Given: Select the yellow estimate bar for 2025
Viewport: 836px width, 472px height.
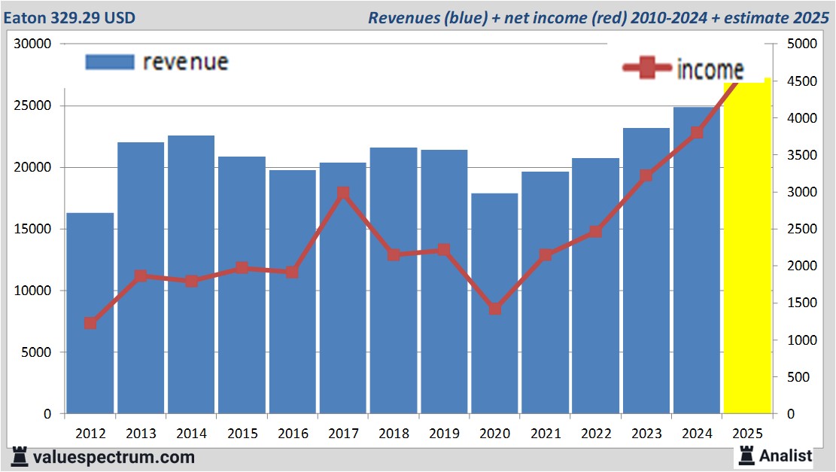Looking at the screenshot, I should (x=747, y=248).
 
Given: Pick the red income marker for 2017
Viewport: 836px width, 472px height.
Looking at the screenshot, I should (x=343, y=193).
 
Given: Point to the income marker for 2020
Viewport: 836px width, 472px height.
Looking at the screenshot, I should (x=495, y=309).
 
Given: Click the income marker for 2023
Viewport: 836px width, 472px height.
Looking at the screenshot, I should (x=646, y=176).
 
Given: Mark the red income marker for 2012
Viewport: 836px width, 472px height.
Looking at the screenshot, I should (x=90, y=323).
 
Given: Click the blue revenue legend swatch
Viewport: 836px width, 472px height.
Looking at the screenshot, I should (x=109, y=62).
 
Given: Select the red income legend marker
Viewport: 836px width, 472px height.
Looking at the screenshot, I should (x=646, y=69).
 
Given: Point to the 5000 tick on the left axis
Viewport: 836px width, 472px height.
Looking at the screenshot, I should (x=35, y=352).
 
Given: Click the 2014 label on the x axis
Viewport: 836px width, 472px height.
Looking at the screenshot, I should (x=191, y=434).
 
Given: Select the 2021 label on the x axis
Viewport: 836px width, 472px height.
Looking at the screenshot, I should (x=546, y=434).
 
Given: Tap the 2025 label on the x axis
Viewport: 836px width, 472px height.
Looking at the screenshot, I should (x=748, y=434).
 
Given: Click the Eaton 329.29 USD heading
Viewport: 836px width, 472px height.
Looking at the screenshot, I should (x=70, y=17).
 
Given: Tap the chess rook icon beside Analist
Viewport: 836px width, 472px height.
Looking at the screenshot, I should (x=746, y=455).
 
